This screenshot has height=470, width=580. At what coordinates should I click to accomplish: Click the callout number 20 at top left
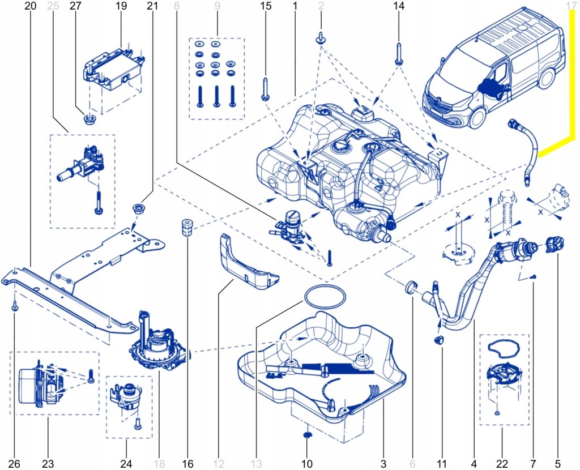[x=31, y=6]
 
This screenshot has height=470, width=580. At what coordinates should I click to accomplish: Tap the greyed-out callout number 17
[x=570, y=6]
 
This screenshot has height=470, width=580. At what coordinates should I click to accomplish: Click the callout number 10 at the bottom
[x=307, y=464]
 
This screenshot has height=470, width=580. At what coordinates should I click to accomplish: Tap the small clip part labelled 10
[x=308, y=435]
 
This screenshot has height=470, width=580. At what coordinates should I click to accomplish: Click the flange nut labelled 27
[x=89, y=119]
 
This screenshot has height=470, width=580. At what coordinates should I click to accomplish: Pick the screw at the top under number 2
[x=321, y=39]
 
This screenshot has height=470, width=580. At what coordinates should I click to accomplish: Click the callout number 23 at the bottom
[x=49, y=464]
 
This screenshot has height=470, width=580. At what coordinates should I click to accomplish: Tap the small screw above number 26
[x=15, y=306]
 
